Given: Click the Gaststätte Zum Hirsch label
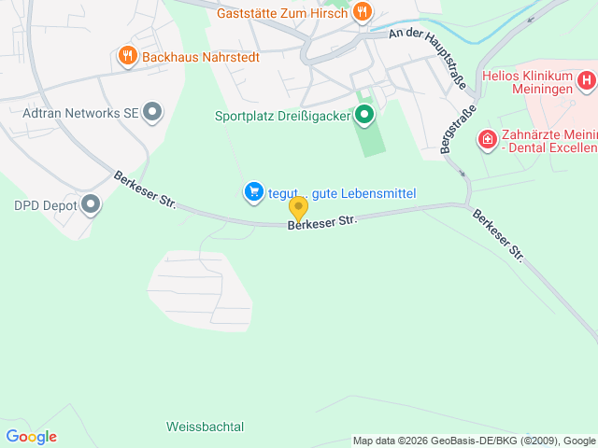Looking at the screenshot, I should (x=284, y=13).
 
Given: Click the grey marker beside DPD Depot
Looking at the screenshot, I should (x=91, y=203).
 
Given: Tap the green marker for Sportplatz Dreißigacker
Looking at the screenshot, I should (x=364, y=116).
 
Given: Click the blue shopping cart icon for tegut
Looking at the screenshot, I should (x=253, y=192).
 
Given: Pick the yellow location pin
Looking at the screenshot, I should (x=298, y=208).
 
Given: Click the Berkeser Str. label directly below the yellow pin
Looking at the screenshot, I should (x=322, y=222).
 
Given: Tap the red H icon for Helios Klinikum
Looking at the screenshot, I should (x=586, y=81).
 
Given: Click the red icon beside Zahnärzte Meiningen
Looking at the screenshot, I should (x=487, y=140).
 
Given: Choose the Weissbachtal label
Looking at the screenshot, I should (x=205, y=427).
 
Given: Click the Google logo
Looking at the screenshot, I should (x=31, y=437).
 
